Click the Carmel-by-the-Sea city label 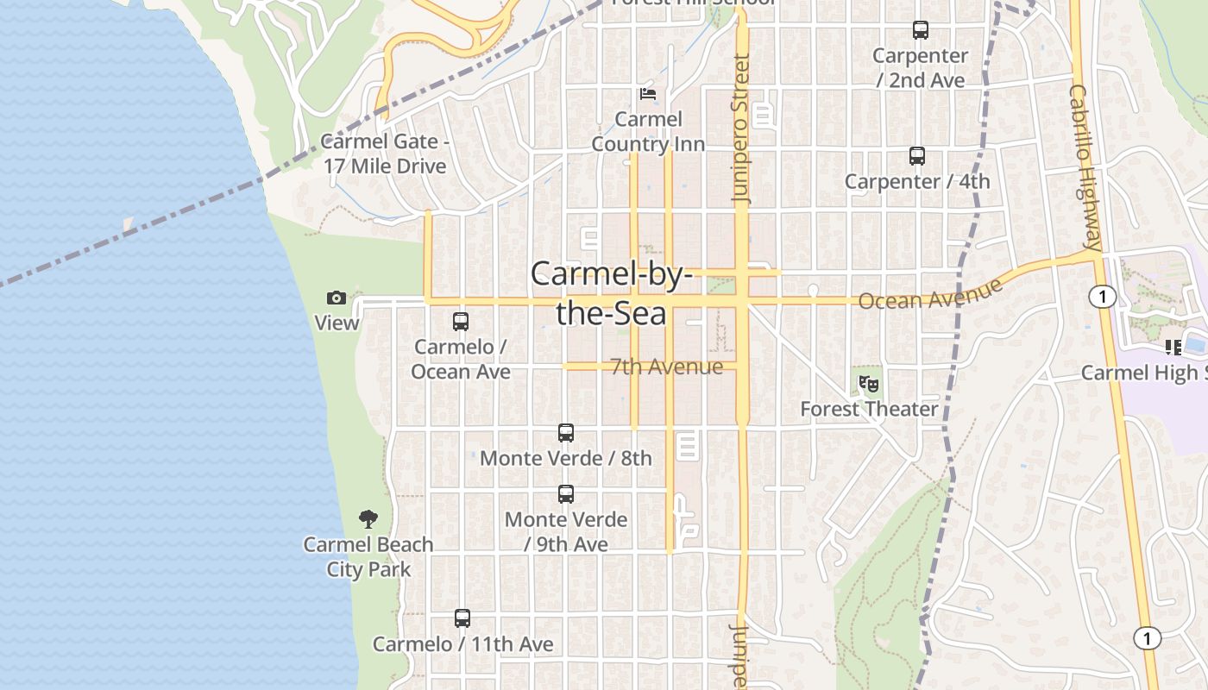click(x=611, y=293)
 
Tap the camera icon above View click(x=337, y=298)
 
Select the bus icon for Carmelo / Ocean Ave click(x=461, y=322)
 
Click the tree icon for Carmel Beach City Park click(x=368, y=519)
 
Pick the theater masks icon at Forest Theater click(x=869, y=383)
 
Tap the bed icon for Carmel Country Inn click(x=648, y=93)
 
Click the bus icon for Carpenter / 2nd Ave click(x=921, y=30)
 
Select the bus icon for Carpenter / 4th click(x=917, y=156)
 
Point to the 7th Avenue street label click(x=666, y=367)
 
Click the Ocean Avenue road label click(x=930, y=294)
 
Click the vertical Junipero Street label click(x=741, y=129)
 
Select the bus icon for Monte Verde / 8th click(x=566, y=433)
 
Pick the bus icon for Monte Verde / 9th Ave click(x=566, y=494)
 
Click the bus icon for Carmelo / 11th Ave click(x=462, y=618)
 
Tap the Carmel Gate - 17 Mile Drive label click(x=385, y=154)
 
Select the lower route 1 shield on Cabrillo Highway click(x=1147, y=639)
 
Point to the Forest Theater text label click(x=869, y=409)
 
